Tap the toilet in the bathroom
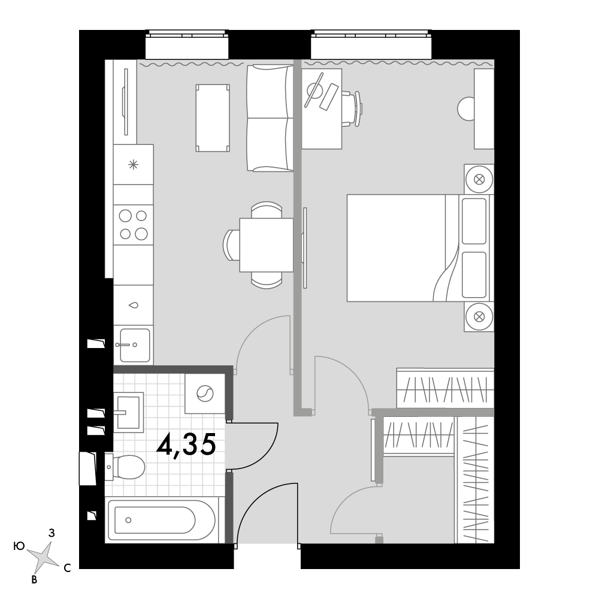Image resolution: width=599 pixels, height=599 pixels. coord(125,467)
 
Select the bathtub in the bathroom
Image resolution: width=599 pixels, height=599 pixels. coord(162,520)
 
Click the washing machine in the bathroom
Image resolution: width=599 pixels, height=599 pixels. coord(205,394)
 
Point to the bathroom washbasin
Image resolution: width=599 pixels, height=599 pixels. coord(128,412)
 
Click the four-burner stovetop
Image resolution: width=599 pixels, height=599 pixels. coord(134,225)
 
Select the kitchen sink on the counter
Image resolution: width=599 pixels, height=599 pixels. coord(134,345)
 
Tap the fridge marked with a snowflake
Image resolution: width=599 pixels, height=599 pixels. coord(134,165)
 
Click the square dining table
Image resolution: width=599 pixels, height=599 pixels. coord(267,245)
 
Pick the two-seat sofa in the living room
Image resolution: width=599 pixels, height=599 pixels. coord(270,117)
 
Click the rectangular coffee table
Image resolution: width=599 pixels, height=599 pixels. coord(213,118)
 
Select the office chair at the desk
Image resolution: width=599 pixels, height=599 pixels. coord(352,108)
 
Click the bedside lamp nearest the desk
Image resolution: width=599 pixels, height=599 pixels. coord(479,179)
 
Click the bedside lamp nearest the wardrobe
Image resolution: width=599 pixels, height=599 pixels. coord(479,317)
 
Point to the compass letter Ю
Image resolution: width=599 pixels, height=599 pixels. coord(19,547)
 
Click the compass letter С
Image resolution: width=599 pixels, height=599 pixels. coord(67,568)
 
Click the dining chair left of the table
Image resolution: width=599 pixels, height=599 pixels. coord(231,245)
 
